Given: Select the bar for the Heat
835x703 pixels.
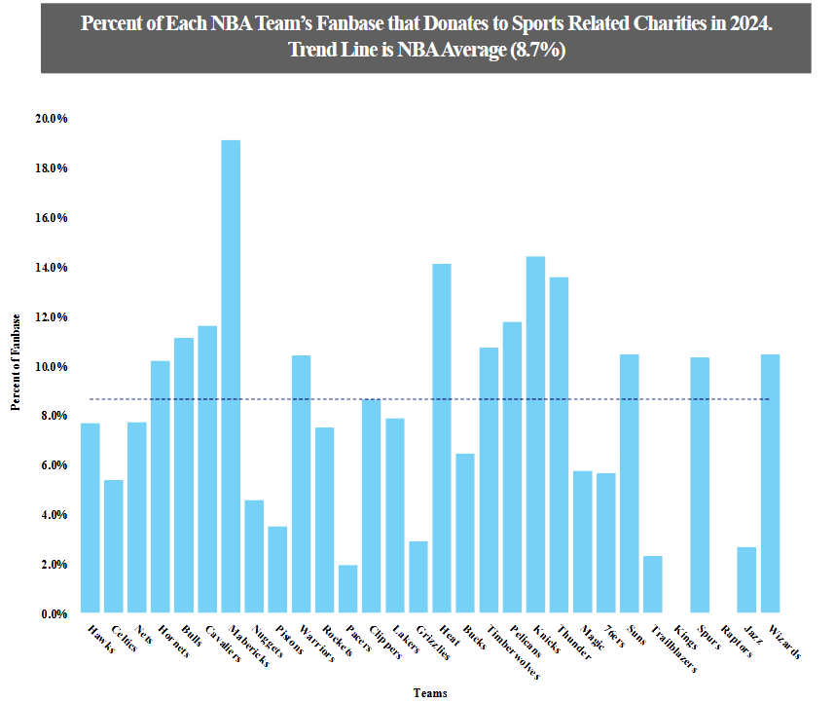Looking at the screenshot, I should [442, 438].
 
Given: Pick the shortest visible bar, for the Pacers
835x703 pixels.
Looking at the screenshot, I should [347, 589].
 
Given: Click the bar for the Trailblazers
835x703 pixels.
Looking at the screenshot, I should [653, 584].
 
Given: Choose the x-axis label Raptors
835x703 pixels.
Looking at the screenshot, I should [736, 644].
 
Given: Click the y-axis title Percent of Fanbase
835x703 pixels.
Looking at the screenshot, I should [17, 362].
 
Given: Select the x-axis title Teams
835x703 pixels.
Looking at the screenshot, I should [429, 692].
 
